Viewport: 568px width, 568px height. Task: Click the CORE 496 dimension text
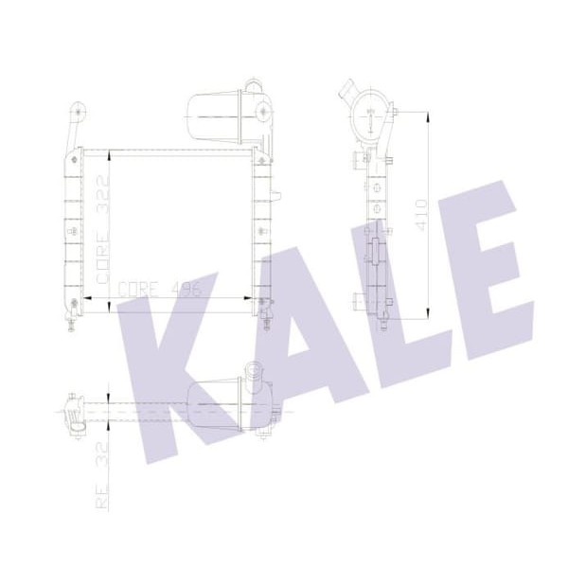click(x=161, y=291)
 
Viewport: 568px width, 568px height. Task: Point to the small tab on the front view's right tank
click(x=276, y=196)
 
